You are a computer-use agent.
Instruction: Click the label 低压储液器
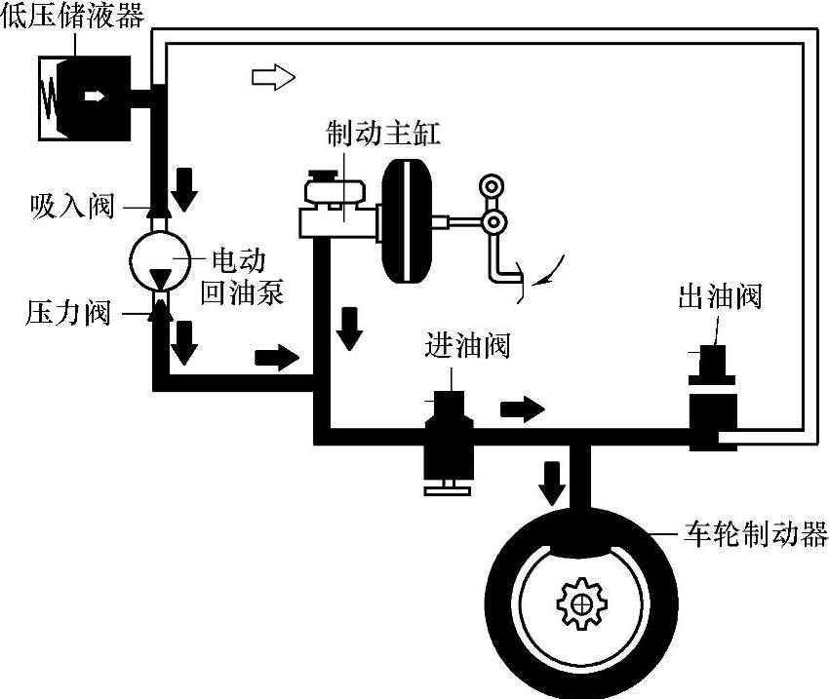[74, 17]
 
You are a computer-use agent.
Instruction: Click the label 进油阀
[467, 344]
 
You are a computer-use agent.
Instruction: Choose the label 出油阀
[719, 296]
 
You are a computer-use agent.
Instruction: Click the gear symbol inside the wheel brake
[581, 603]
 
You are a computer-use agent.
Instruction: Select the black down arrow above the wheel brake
[553, 478]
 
